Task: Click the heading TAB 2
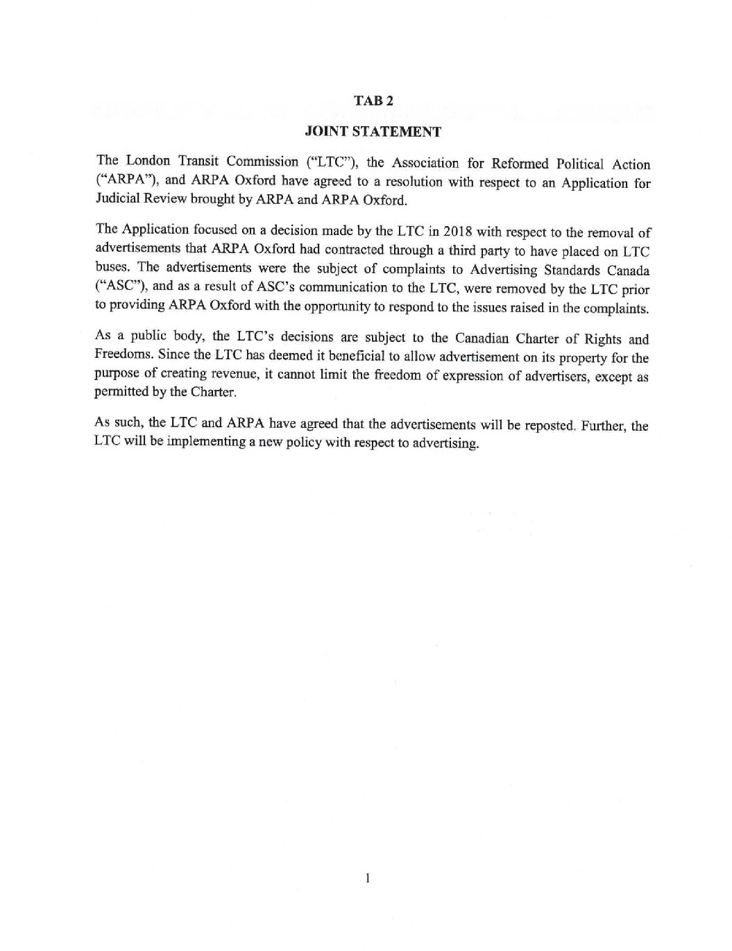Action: pyautogui.click(x=373, y=101)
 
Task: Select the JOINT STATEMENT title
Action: pyautogui.click(x=373, y=130)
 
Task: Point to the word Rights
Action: pyautogui.click(x=602, y=340)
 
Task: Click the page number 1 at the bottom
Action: pyautogui.click(x=366, y=879)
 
